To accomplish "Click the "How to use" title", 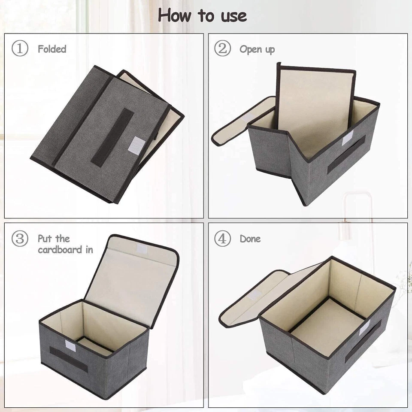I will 202,16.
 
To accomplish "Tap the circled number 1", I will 20,49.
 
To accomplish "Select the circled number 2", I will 222,49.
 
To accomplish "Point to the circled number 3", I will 20,239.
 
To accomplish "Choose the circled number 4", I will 222,239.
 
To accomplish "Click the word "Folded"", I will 52,49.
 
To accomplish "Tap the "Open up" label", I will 257,49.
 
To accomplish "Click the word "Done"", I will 250,239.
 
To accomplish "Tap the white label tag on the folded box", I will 137,145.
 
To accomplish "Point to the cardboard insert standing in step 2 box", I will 315,107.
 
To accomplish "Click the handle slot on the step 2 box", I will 346,154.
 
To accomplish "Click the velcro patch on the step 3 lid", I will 141,249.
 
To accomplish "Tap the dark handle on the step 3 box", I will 69,359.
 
